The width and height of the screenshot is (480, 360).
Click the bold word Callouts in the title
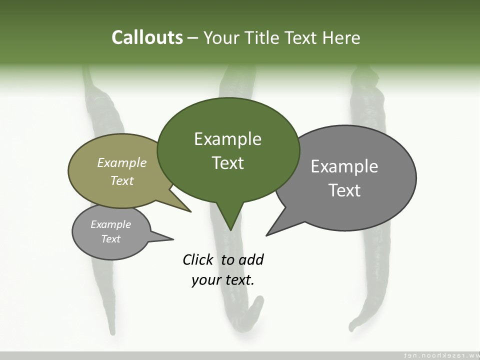(x=147, y=37)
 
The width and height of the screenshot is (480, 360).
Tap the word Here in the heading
(x=341, y=37)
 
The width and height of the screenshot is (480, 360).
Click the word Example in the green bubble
(x=227, y=139)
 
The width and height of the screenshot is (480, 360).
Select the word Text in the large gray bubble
(x=344, y=190)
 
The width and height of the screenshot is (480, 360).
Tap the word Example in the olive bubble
(x=122, y=162)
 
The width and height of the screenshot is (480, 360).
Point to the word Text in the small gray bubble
(x=111, y=239)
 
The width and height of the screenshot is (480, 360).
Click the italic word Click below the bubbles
(x=197, y=259)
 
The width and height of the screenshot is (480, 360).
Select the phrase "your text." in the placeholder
(x=223, y=280)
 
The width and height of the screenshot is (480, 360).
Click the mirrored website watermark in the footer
(x=440, y=355)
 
